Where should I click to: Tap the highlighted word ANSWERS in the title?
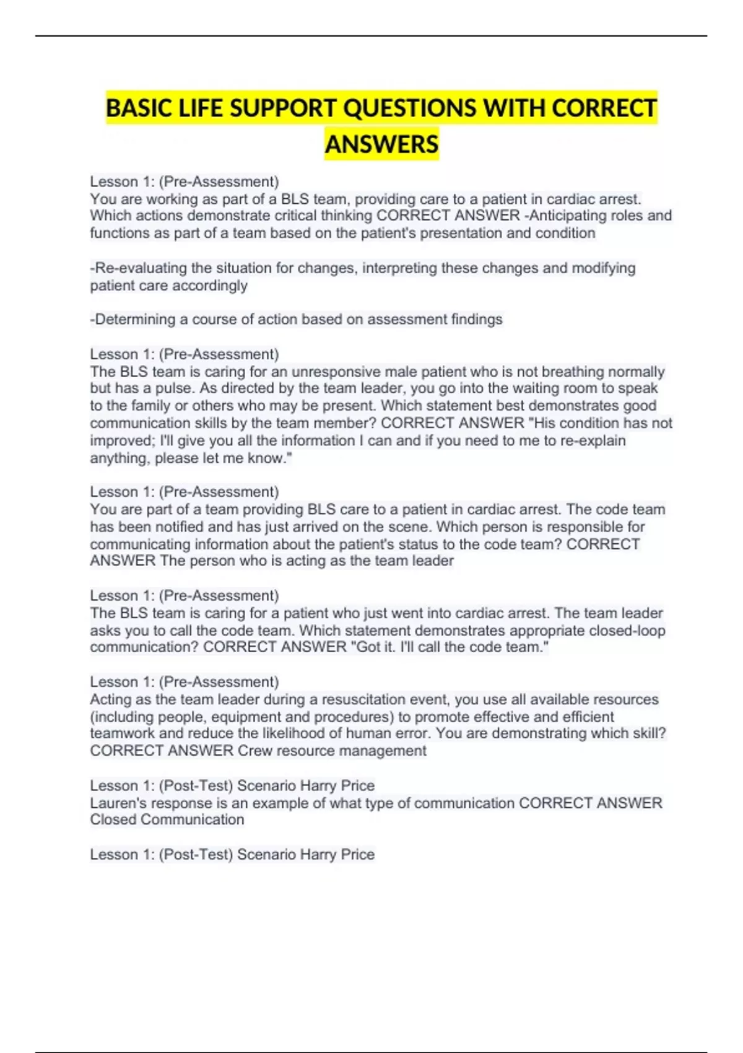381,144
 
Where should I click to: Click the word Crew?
254,751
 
